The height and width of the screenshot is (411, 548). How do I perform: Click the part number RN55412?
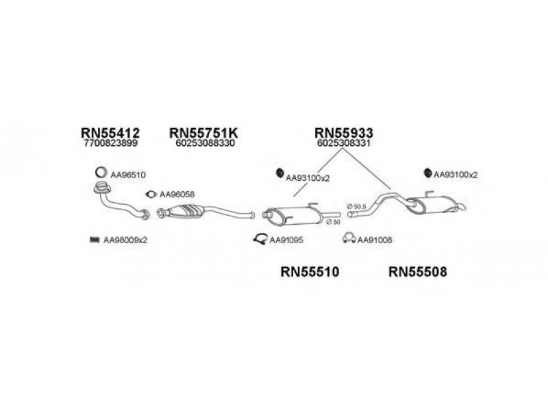[x=110, y=133]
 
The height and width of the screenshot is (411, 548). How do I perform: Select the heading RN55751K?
[x=203, y=133]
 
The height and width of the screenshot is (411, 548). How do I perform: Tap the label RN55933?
[x=344, y=133]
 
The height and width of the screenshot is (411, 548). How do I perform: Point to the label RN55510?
[x=310, y=271]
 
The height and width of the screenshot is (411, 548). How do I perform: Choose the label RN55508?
[x=418, y=271]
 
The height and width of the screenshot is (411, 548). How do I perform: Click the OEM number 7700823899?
[x=111, y=143]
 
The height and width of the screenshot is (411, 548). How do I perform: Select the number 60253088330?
[x=205, y=143]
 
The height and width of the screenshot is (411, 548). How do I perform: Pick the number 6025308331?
[x=344, y=143]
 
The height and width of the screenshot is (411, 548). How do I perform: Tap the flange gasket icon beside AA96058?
[x=151, y=195]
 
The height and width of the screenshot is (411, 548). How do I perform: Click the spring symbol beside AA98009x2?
[x=95, y=240]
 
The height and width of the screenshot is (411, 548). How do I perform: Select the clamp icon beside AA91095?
[x=260, y=239]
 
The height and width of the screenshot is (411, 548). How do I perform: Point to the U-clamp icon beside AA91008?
[x=349, y=238]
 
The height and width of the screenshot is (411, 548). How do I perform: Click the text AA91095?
[x=286, y=240]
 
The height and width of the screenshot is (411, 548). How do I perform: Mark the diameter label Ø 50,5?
[x=357, y=207]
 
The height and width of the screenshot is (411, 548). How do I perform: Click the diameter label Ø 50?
[x=333, y=222]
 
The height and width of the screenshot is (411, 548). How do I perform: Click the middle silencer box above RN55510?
[x=294, y=215]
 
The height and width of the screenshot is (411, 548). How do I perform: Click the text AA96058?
[x=177, y=195]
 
